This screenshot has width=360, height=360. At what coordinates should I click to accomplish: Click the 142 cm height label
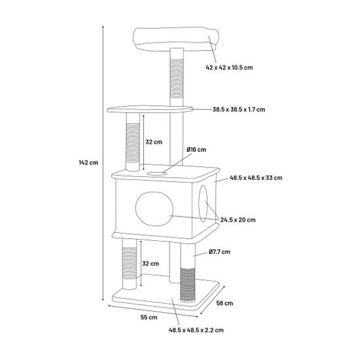88,163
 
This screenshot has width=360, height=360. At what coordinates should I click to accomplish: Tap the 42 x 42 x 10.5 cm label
229,67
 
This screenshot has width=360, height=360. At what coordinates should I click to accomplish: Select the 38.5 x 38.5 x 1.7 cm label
238,109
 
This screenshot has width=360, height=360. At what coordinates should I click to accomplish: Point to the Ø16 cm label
196,150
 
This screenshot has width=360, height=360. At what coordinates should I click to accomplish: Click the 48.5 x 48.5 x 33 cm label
256,177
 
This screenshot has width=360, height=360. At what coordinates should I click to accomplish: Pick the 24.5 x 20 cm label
238,220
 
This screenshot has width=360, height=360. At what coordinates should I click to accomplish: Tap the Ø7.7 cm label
219,252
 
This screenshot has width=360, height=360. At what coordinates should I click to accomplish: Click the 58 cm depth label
225,303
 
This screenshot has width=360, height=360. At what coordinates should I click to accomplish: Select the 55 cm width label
149,317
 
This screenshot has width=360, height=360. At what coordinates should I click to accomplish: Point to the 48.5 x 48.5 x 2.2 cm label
196,330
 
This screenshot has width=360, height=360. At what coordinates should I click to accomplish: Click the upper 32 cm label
154,142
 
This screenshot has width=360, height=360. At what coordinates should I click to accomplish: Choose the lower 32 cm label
151,264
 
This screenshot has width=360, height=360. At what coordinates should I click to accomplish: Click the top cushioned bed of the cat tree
176,39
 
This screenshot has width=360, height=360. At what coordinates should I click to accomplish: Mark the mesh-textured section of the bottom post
188,285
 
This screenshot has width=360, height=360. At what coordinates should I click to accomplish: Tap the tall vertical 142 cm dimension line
103,163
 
